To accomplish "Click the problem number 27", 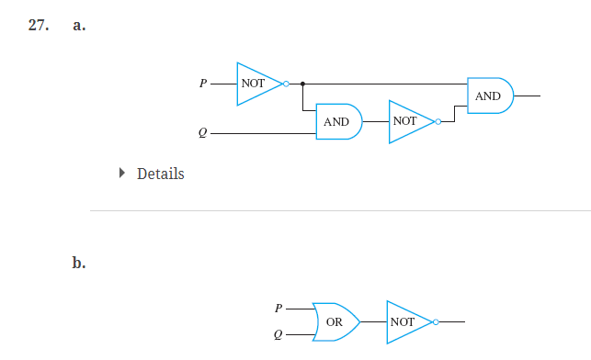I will click(x=37, y=26).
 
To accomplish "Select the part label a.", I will click(x=79, y=26).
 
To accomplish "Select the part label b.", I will click(x=79, y=264).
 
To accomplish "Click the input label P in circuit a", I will click(x=203, y=84).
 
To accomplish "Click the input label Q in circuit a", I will click(x=203, y=134).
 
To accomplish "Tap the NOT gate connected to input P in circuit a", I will click(x=256, y=83).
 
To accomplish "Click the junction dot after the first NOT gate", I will click(x=303, y=84).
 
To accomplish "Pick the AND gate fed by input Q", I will click(x=337, y=121).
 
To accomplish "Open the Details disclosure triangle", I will click(x=122, y=173).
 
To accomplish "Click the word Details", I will click(x=160, y=174).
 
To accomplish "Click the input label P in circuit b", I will click(x=278, y=309).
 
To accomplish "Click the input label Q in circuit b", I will click(x=278, y=336).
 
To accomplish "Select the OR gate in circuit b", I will click(x=335, y=322).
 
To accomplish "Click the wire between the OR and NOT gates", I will click(x=373, y=322).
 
